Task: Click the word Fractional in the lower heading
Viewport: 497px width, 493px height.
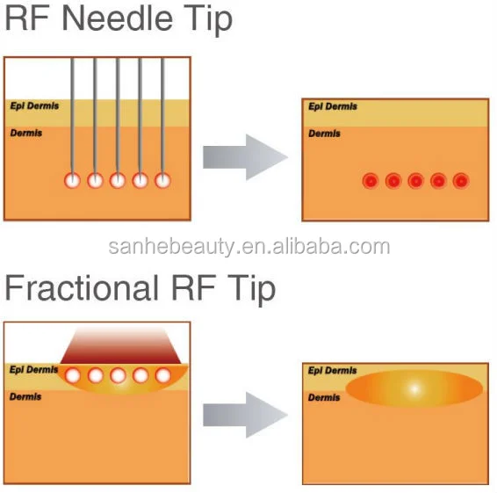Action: [82, 287]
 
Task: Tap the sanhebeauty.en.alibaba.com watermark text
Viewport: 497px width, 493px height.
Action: [249, 247]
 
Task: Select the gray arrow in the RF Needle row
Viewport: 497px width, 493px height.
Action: [245, 157]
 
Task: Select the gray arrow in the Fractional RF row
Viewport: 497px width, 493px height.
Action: [245, 415]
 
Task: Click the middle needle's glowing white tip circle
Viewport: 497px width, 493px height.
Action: [118, 181]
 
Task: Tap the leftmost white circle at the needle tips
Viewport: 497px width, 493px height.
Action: [72, 181]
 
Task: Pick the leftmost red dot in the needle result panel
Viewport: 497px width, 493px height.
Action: [371, 181]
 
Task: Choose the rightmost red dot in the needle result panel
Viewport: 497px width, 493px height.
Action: [461, 181]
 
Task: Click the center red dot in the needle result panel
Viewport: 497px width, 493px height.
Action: [415, 181]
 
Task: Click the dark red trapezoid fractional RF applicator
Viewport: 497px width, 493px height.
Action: [121, 346]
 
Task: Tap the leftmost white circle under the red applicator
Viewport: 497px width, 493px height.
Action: [73, 375]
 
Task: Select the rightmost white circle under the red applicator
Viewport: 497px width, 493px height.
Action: [163, 375]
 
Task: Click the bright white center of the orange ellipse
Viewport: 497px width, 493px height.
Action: [414, 389]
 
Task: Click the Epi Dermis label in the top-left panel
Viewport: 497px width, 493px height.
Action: [34, 106]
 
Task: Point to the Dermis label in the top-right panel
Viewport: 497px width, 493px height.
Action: [324, 134]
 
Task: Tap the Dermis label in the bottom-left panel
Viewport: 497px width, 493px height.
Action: [25, 396]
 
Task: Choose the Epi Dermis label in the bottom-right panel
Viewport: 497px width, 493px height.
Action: [333, 371]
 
